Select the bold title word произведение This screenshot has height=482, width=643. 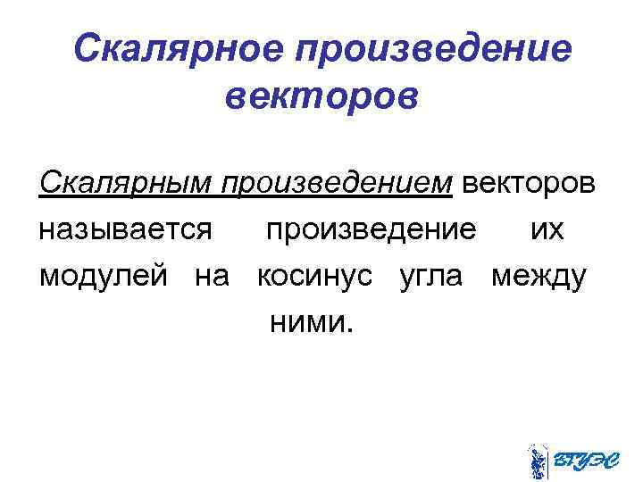[x=437, y=49]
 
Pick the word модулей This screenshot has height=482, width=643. [x=104, y=276]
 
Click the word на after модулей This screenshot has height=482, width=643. [x=212, y=276]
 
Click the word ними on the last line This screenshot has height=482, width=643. [x=305, y=322]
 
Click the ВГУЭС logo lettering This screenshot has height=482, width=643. [x=585, y=461]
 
